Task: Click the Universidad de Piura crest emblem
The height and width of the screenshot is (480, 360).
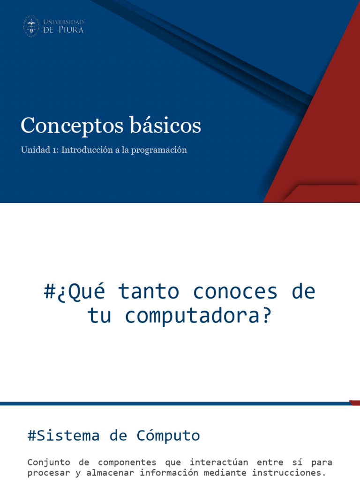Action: [31, 26]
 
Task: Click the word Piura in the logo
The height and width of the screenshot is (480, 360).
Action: [71, 30]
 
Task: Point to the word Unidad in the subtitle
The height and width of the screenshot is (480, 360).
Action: [34, 150]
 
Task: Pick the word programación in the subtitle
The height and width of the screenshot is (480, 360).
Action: [160, 150]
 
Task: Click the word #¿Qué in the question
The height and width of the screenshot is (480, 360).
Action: [75, 292]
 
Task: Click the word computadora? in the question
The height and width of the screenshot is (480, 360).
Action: [198, 316]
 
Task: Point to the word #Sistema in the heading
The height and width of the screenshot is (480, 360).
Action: [64, 435]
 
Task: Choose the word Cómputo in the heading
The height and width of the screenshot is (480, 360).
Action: [168, 435]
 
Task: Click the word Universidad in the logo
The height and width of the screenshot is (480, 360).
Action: [64, 22]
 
